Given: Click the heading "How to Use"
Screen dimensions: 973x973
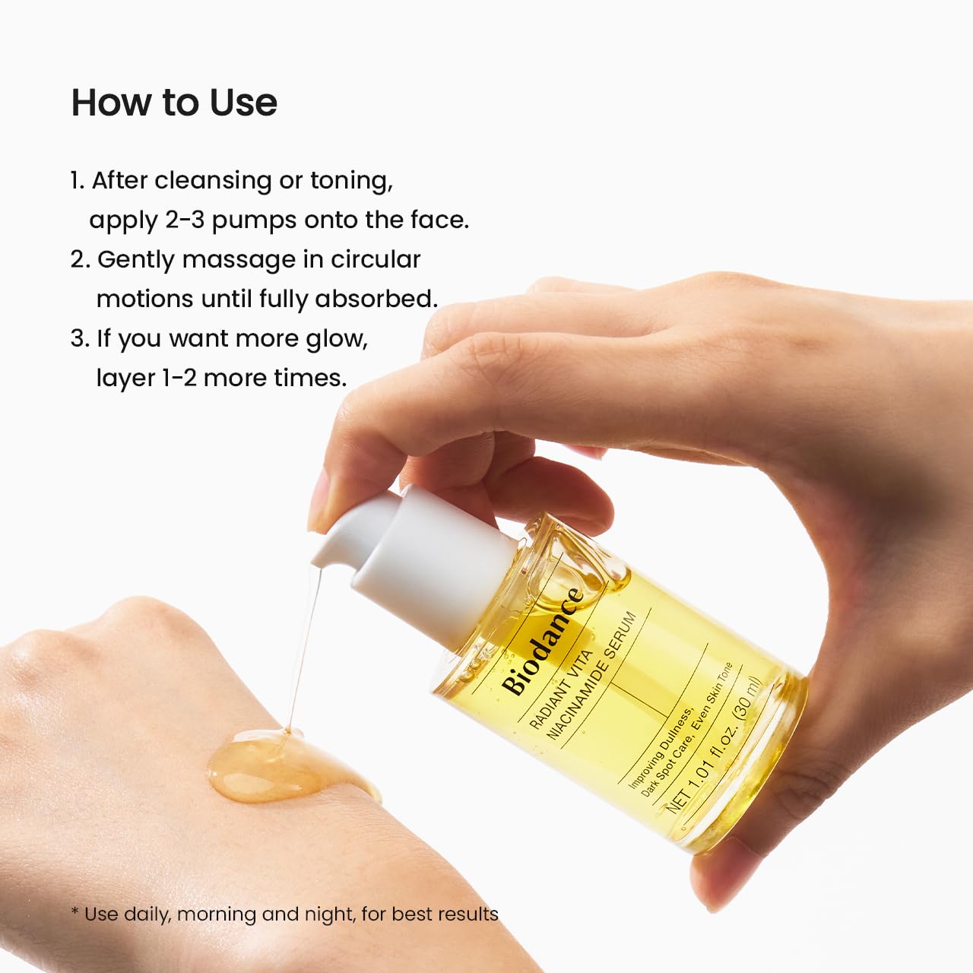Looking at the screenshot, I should [x=174, y=103].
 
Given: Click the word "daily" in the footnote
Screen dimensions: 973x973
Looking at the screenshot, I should [x=147, y=914].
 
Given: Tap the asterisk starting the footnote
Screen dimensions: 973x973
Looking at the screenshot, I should [x=74, y=912].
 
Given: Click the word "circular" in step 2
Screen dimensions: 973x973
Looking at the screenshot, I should [x=375, y=260].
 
